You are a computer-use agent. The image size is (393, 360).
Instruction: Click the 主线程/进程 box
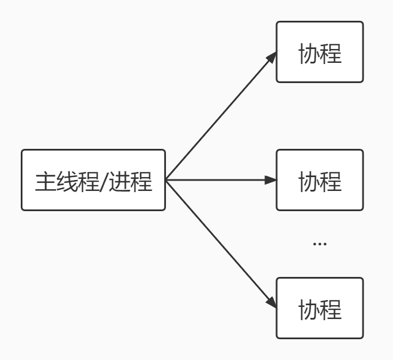click(x=93, y=180)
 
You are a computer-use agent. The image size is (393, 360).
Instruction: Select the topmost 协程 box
click(x=320, y=52)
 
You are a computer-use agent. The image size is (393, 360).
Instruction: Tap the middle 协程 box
click(x=320, y=180)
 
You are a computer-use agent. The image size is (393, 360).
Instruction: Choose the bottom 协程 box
click(x=320, y=308)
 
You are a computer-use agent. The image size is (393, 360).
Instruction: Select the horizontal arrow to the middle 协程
click(x=219, y=180)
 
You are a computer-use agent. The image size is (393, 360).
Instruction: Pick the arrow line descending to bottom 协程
click(x=219, y=242)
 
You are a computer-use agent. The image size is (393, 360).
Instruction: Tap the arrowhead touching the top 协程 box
click(x=271, y=57)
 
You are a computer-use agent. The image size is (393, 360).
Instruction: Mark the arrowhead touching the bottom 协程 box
click(x=271, y=303)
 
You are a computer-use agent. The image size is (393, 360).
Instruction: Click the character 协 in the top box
click(x=309, y=54)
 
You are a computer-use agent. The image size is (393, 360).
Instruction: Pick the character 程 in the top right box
click(x=331, y=54)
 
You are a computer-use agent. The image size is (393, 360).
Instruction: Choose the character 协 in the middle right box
click(x=309, y=182)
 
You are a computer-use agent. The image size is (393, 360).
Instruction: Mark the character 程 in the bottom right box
click(x=331, y=310)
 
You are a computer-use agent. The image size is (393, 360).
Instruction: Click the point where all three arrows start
click(x=167, y=180)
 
